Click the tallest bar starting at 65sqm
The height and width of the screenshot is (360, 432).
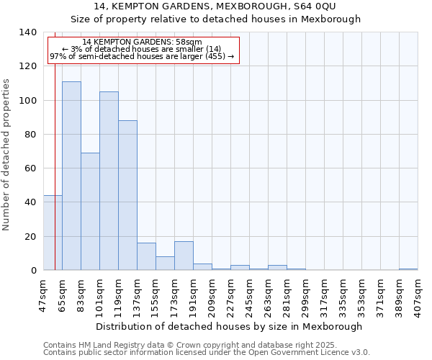(71, 176)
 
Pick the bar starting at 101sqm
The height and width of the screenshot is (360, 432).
(109, 181)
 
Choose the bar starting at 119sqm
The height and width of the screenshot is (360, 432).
(127, 195)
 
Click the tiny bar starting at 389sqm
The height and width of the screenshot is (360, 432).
(408, 269)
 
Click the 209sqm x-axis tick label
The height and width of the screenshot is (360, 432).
(212, 295)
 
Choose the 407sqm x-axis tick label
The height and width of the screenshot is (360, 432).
(418, 295)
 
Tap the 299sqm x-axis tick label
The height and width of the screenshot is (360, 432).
(305, 295)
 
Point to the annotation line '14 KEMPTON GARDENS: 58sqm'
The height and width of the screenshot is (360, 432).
(142, 42)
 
